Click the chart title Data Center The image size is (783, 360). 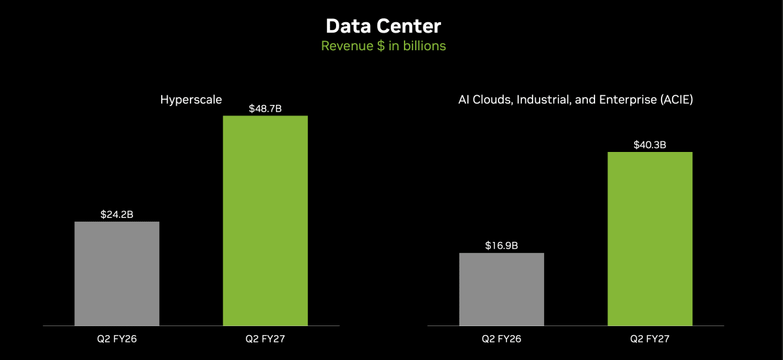click(384, 26)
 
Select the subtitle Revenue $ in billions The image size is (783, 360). click(384, 46)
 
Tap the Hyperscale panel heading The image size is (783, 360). click(191, 100)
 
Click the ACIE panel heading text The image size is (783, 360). click(576, 100)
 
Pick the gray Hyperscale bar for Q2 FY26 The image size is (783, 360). click(117, 273)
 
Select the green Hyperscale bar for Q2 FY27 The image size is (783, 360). click(266, 220)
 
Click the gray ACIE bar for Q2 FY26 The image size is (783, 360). click(502, 289)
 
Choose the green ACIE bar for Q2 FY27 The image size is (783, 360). click(650, 239)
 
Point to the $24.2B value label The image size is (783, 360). click(117, 215)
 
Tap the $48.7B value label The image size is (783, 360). click(266, 108)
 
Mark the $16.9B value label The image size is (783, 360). click(502, 245)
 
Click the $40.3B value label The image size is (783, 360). click(650, 145)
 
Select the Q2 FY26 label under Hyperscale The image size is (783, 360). click(117, 338)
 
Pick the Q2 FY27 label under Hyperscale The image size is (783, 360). click(266, 338)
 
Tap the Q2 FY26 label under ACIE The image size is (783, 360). click(502, 338)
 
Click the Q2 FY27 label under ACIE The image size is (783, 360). click(650, 338)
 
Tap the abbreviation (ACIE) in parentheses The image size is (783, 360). click(677, 100)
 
